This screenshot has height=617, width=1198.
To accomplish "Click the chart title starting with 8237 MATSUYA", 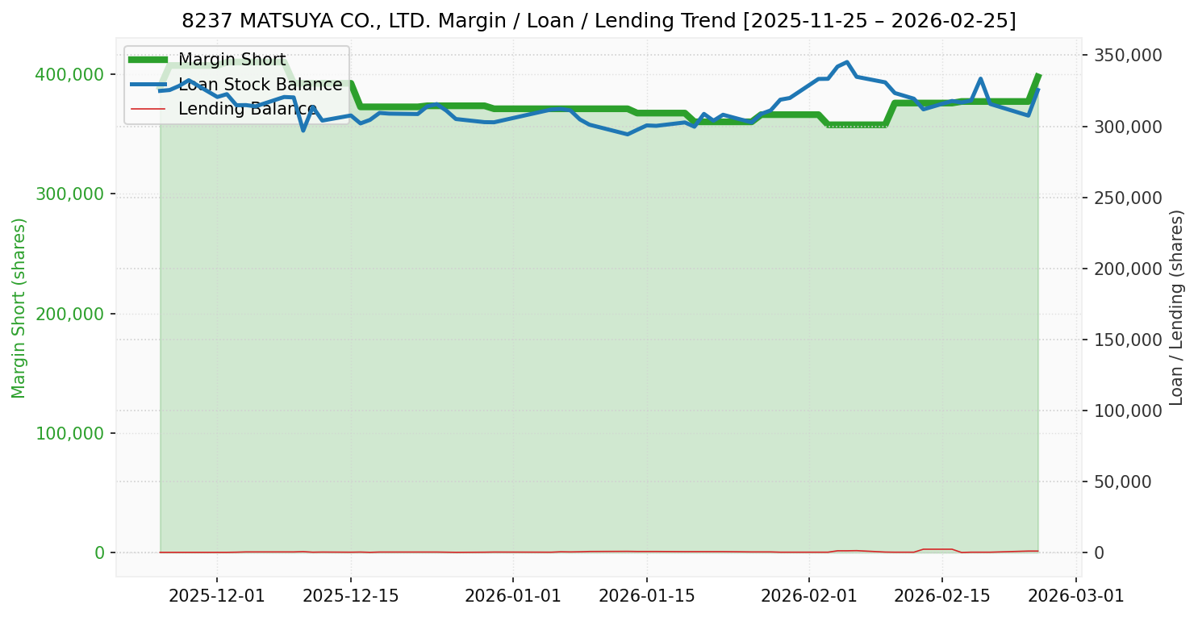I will (599, 21).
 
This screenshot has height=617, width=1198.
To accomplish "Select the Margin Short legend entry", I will (232, 60).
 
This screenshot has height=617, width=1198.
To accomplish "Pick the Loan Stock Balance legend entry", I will (260, 85).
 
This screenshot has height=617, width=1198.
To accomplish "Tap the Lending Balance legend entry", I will (247, 108).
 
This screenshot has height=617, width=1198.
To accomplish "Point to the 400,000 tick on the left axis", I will (69, 74).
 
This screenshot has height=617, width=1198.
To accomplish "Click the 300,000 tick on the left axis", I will (69, 194).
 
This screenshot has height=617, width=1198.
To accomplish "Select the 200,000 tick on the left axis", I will (69, 314).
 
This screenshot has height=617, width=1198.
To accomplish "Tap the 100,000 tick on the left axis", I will (69, 433).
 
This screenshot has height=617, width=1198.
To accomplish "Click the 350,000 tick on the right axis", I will (1128, 56).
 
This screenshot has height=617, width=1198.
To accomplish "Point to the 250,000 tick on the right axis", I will (1128, 198).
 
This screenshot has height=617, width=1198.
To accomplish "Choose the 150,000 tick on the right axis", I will (1128, 340).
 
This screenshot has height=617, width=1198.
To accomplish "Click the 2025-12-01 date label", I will (217, 595).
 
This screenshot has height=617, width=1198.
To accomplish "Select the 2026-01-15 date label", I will (646, 595).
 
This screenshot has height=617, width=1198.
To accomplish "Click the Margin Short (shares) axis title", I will (19, 307).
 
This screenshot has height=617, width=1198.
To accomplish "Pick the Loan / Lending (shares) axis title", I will (1176, 307).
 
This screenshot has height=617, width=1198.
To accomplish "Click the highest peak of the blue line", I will (846, 62).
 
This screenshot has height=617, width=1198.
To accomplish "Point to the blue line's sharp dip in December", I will (303, 130).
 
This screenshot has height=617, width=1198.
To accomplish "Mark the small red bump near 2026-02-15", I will (937, 549).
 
